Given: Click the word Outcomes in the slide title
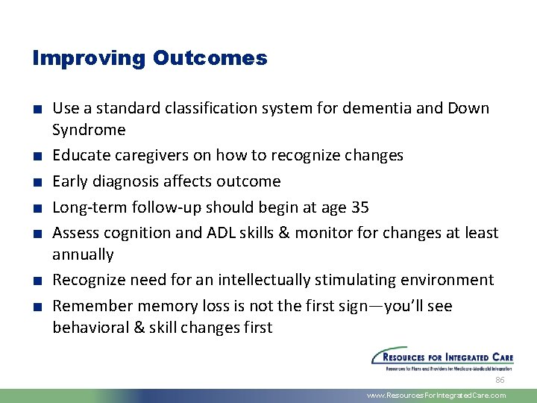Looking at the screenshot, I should coord(210,58).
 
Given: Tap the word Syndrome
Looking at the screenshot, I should coord(89,130).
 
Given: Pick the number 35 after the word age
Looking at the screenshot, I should coord(359,207).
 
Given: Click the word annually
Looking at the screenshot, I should coord(83,254).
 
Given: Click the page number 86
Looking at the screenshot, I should coord(500,379).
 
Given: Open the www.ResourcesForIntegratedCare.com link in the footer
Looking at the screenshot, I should coord(436,396).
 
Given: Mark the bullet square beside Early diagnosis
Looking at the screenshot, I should coord(37,182).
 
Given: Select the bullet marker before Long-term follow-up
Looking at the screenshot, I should coord(37,207).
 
